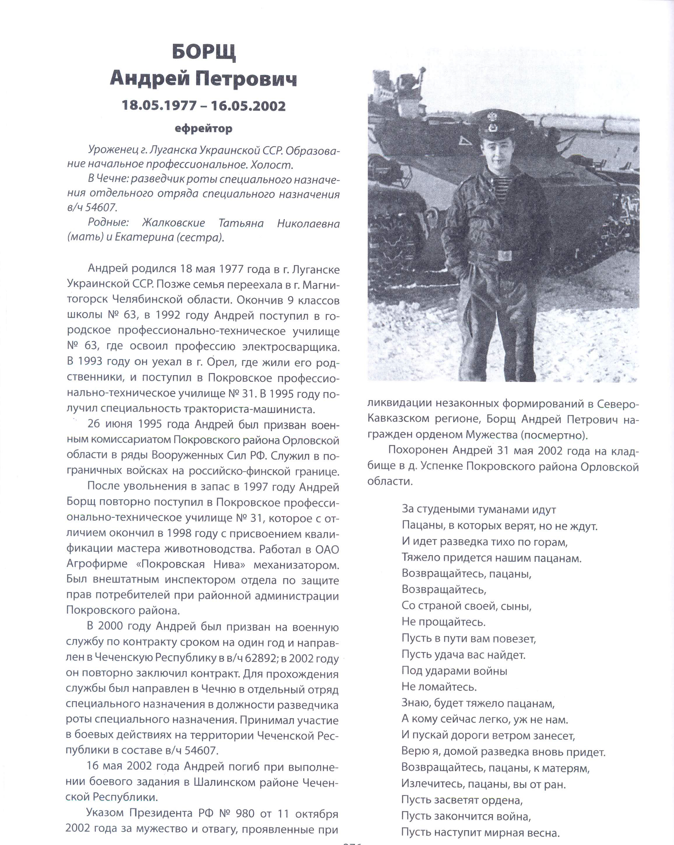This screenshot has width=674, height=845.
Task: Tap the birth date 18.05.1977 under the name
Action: pos(159,105)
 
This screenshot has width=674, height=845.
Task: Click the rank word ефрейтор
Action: pos(203,128)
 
